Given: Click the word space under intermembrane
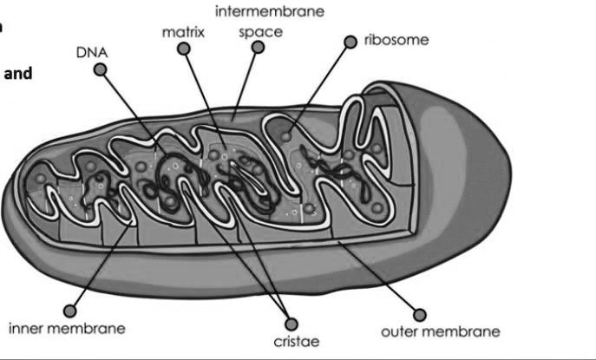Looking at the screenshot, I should pos(260,32).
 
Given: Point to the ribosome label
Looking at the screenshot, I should pos(396,40).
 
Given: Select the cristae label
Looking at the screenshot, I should pos(296,342).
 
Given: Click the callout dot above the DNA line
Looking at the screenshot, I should pos(102,72).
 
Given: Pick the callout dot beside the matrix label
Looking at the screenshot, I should pos(183,49).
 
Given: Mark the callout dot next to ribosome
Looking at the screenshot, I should pos(350,42).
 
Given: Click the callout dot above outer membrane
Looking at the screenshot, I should pos(420,314).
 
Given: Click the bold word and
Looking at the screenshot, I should pos(18,74).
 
